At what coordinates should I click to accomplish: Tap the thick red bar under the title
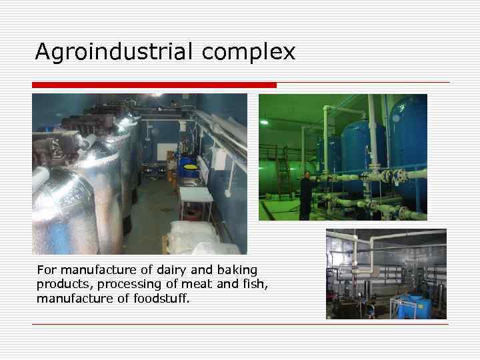point(154,85)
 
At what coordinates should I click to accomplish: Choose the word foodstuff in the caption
point(164,298)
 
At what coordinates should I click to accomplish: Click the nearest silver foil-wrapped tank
point(63,210)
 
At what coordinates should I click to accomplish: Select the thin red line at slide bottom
point(240,324)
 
